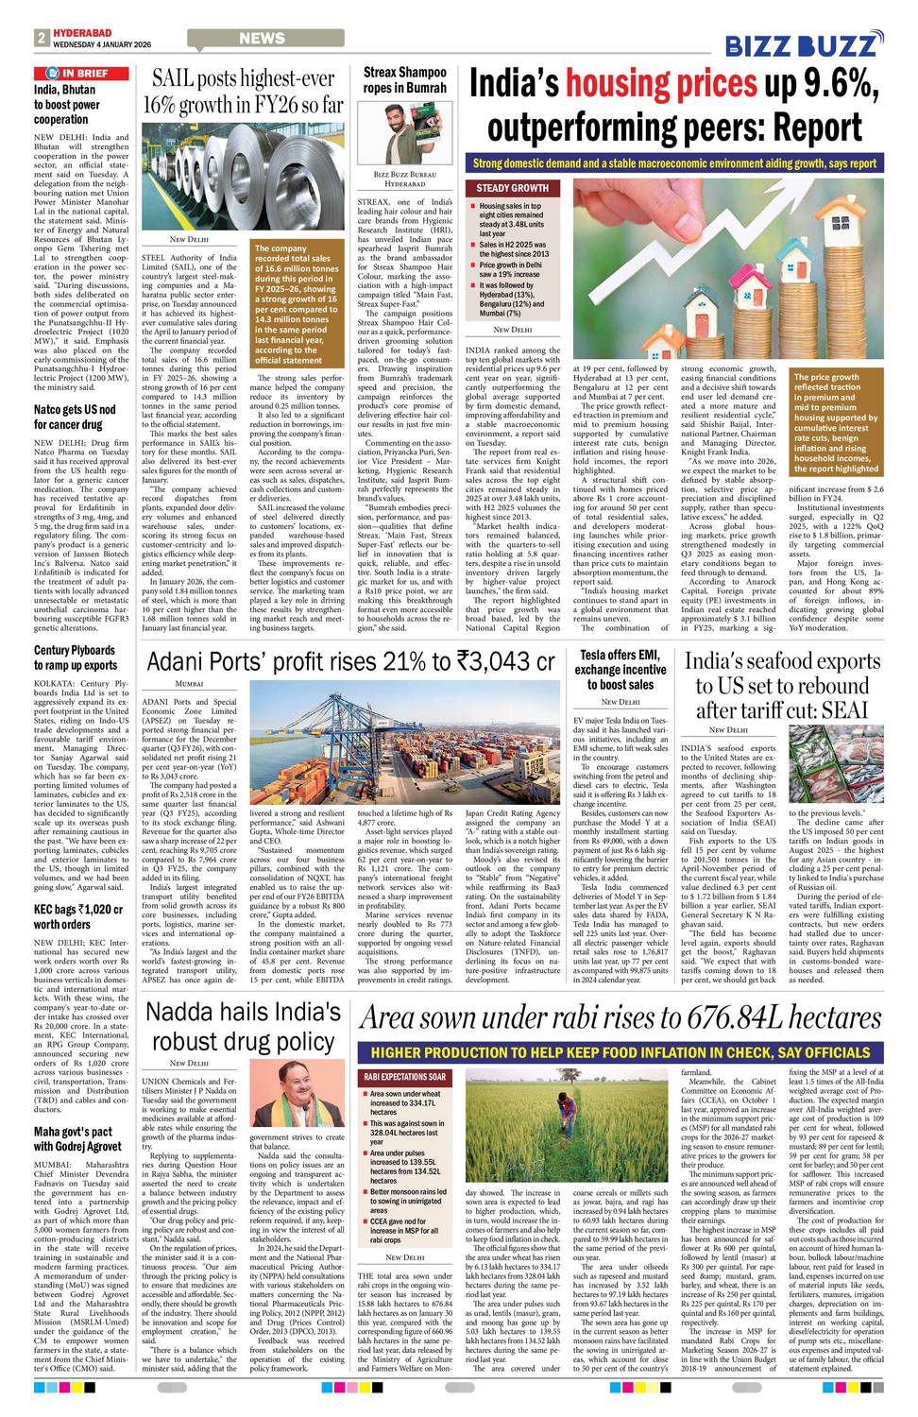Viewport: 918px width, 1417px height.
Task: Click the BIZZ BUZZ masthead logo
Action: point(804,44)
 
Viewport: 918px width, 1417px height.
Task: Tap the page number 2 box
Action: point(42,38)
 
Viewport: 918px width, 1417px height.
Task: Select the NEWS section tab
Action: point(262,39)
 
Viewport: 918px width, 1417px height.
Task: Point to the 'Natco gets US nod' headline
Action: point(75,417)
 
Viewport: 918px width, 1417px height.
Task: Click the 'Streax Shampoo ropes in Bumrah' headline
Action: point(404,79)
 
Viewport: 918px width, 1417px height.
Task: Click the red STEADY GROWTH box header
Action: point(512,188)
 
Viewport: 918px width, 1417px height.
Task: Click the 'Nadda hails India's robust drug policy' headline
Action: point(243,1026)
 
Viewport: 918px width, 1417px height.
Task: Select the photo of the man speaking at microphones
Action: point(297,1100)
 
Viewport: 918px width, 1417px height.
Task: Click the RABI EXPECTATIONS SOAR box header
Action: point(405,1077)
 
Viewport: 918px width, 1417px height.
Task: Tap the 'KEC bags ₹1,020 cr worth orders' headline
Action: point(78,916)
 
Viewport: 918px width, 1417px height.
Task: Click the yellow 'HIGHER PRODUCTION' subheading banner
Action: point(620,1052)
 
